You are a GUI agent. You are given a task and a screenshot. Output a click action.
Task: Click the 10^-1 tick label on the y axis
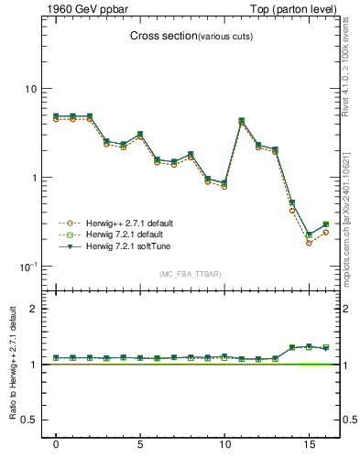pos(28,266)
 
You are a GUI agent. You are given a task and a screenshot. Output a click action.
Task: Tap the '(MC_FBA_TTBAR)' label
pos(191,274)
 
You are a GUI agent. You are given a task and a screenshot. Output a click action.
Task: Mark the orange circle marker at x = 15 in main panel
pos(309,243)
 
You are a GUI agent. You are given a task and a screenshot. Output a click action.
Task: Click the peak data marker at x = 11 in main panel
pos(242,120)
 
